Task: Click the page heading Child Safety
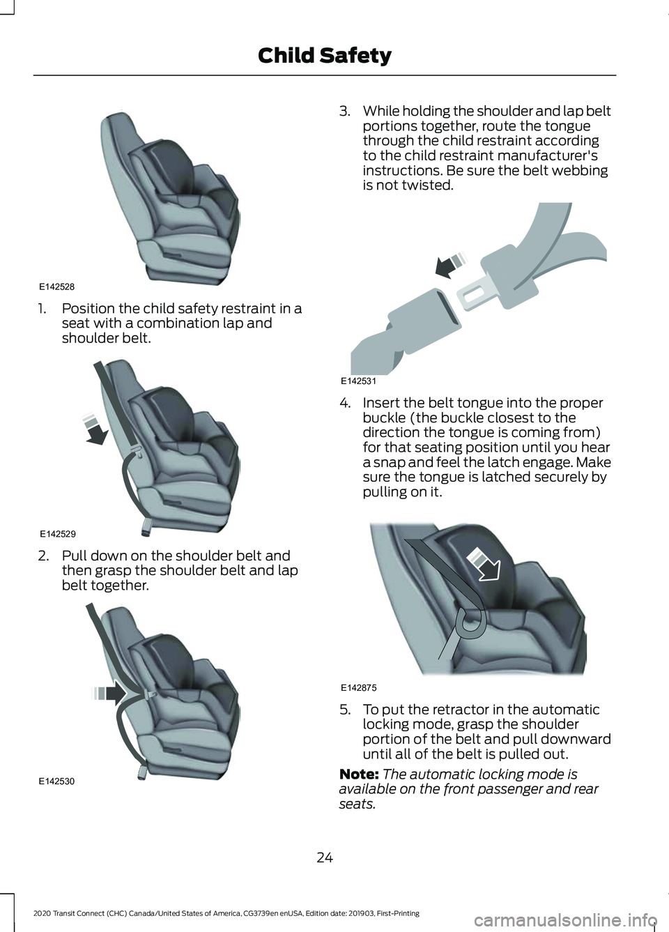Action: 325,56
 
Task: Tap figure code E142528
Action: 57,287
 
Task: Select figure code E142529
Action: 58,533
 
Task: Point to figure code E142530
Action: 57,781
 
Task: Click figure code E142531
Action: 358,381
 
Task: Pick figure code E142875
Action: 358,687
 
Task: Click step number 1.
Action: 42,308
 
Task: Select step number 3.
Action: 344,111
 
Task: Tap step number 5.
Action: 344,710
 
